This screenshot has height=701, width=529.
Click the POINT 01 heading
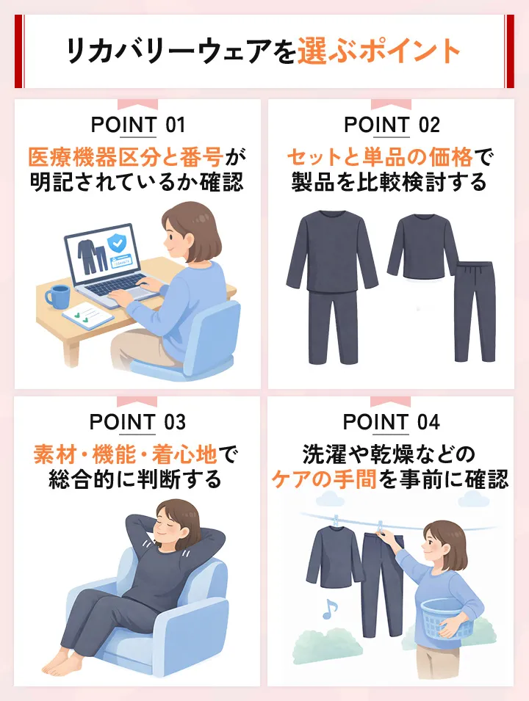coord(137,125)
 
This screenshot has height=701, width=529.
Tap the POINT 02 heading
coord(392,125)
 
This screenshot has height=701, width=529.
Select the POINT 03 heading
coord(137,423)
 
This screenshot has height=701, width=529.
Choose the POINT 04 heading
coord(392,423)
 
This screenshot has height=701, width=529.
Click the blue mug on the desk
coord(56,297)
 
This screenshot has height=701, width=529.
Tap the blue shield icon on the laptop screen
coord(116,243)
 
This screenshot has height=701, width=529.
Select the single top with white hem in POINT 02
coord(422,246)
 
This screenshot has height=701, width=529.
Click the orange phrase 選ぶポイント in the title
coord(379,52)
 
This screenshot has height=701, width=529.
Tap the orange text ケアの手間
coord(325,481)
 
